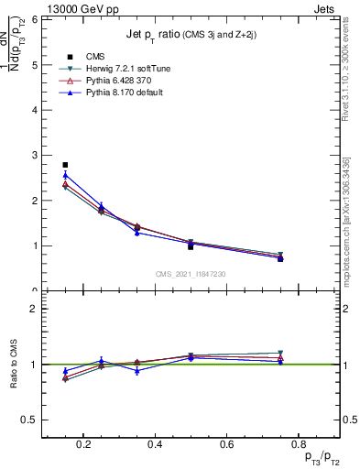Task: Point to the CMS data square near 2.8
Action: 65,165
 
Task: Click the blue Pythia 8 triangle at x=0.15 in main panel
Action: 65,175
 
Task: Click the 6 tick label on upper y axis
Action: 34,19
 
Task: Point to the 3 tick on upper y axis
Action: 34,155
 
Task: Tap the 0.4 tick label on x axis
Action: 154,446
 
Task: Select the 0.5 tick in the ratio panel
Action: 31,420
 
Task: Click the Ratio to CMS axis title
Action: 14,365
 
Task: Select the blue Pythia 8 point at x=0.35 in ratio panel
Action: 136,370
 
